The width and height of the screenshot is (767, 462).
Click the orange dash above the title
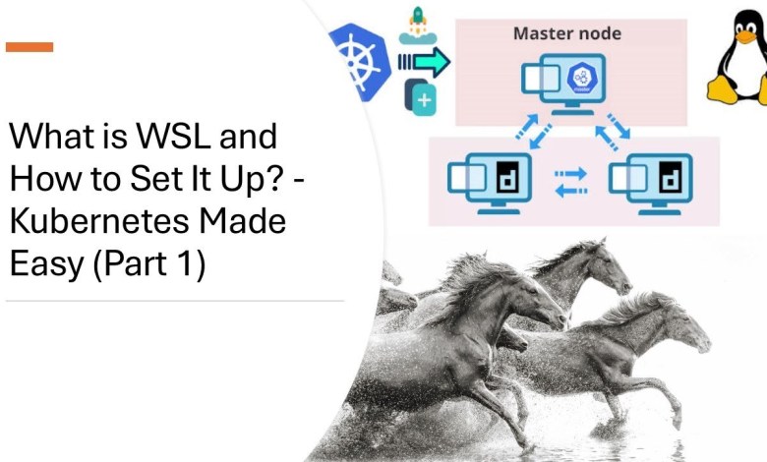coord(29,46)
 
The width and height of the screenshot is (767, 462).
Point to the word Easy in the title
coord(43,263)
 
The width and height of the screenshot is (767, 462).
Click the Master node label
coord(567,33)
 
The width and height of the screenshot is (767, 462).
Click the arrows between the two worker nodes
coord(570,181)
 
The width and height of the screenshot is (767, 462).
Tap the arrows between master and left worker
coord(521,130)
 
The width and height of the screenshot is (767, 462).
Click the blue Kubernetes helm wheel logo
coord(358,60)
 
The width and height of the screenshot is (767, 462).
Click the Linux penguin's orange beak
coord(743,41)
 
